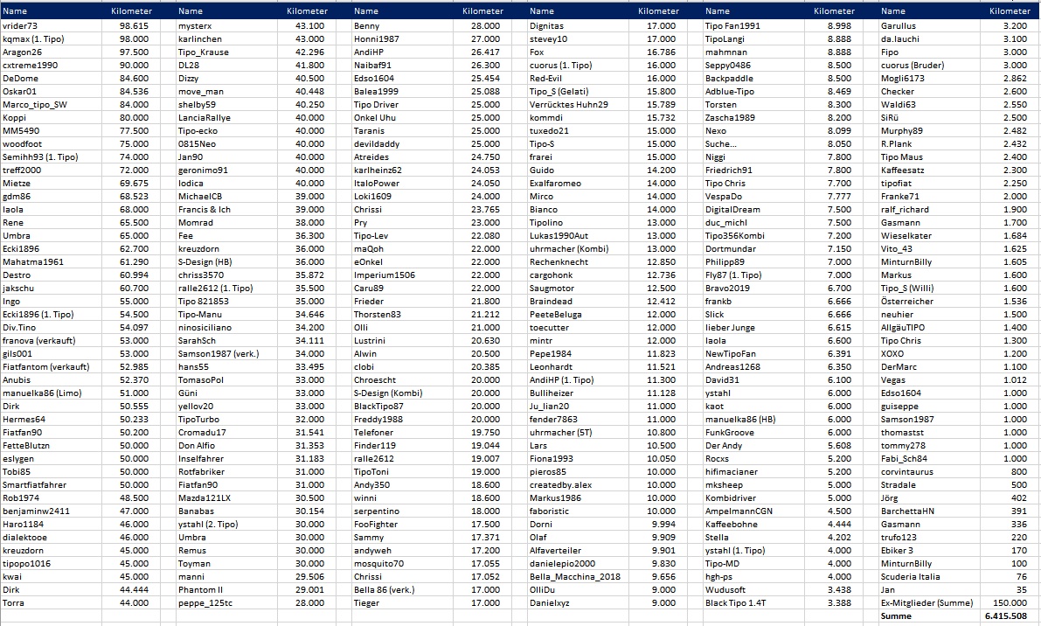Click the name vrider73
[20, 26]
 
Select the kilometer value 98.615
[134, 26]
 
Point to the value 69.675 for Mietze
[134, 184]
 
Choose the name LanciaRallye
[204, 118]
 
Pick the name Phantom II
[201, 590]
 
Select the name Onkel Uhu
[375, 118]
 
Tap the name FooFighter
[376, 525]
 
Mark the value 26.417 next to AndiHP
[485, 52]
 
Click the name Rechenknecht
[559, 262]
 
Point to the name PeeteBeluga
[556, 315]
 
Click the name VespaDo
[724, 197]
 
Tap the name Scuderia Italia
[911, 577]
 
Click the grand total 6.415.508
[1005, 616]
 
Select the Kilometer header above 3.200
[1010, 11]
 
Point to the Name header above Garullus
[893, 11]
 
